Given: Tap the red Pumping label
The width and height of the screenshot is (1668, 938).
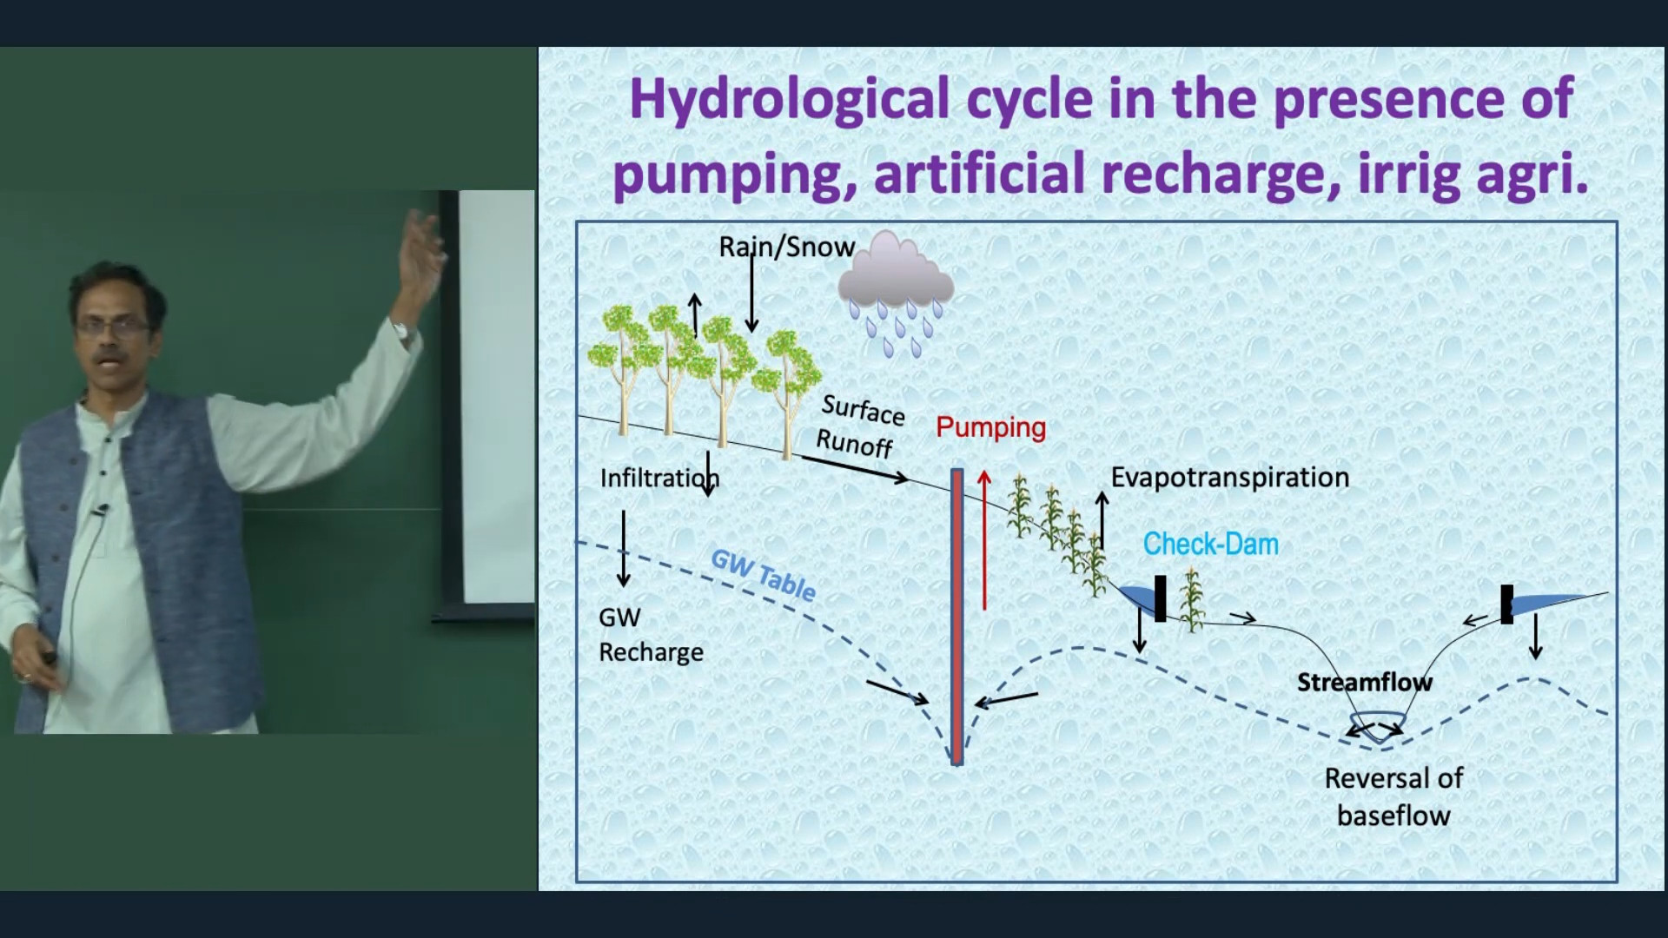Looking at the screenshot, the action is click(991, 427).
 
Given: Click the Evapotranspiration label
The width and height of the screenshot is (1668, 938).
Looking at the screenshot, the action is click(1230, 478).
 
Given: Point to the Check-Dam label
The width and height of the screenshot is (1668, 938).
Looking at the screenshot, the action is click(1211, 545).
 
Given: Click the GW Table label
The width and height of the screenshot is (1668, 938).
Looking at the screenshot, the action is click(764, 575).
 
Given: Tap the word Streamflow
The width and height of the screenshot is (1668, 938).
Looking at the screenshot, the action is click(1365, 683).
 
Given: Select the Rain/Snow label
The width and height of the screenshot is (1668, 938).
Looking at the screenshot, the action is click(787, 247).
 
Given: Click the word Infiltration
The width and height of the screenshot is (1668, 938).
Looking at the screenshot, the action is click(660, 478).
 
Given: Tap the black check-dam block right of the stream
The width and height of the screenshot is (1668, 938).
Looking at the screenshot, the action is click(1506, 604).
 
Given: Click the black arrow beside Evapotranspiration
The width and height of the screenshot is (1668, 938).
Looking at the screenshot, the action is click(1102, 519).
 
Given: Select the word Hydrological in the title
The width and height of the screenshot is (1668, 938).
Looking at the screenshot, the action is click(789, 100).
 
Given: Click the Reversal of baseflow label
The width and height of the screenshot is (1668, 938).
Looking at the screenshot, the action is click(1393, 796).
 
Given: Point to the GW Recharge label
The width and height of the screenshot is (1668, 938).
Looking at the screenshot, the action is click(651, 635).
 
